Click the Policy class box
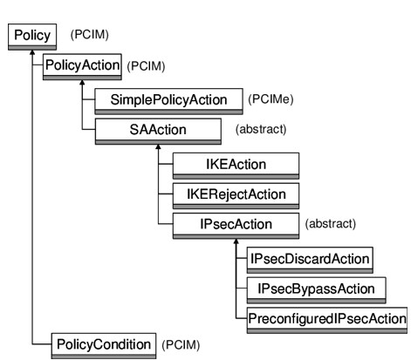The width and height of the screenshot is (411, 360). [x=32, y=37]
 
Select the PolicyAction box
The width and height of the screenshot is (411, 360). [x=82, y=67]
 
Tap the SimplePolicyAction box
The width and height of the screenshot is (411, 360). [x=168, y=102]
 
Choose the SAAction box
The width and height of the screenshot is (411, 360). [x=158, y=132]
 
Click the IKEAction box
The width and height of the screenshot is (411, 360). [x=236, y=166]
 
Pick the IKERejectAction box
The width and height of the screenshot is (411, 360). [x=236, y=196]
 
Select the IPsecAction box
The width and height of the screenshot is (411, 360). [x=236, y=226]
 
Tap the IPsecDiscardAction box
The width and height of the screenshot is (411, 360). [x=310, y=260]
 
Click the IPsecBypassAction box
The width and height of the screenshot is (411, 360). [x=317, y=290]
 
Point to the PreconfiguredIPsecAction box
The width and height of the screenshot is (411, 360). [x=327, y=320]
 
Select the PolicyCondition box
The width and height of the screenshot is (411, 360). [x=104, y=346]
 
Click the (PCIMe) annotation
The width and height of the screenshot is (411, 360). [x=271, y=99]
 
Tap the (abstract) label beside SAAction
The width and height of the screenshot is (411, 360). [x=261, y=129]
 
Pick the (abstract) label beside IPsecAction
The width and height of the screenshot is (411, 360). [x=331, y=224]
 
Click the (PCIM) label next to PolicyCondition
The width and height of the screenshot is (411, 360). [x=181, y=345]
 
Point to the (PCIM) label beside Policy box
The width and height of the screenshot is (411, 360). [x=90, y=35]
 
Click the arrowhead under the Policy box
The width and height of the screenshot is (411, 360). [x=32, y=52]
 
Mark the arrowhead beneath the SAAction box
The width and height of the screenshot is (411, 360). [x=158, y=146]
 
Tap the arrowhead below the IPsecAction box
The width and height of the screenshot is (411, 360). [x=236, y=241]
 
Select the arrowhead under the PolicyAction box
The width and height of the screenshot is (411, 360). [x=82, y=83]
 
